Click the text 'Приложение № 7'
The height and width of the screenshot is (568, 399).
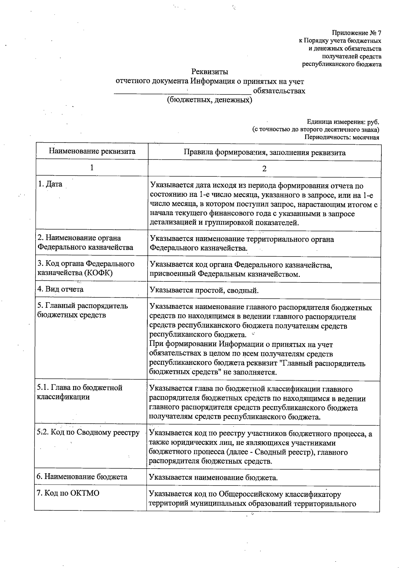356,33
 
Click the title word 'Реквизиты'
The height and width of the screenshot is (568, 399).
209,71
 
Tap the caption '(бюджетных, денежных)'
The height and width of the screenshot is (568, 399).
209,100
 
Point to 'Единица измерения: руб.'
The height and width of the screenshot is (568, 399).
343,122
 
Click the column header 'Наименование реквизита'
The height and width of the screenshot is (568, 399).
92,152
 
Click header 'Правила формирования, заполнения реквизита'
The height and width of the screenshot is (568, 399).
264,153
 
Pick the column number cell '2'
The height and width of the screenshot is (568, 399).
264,169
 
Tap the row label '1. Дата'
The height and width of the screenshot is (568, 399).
50,184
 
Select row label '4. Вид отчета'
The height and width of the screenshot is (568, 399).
60,289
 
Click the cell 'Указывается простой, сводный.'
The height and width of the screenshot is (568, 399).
204,290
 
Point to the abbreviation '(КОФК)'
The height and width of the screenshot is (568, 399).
98,273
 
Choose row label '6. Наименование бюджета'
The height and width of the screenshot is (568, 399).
82,477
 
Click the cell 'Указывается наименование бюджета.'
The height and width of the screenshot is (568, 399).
213,478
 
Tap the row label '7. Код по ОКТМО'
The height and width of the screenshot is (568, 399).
68,493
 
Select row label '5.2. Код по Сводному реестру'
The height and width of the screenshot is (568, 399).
88,432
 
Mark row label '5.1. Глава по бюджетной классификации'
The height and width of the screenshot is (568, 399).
79,392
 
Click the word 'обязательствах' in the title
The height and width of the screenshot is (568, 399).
279,91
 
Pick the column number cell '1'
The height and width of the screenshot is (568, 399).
91,168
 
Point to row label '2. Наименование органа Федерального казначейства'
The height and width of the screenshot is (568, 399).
85,243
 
